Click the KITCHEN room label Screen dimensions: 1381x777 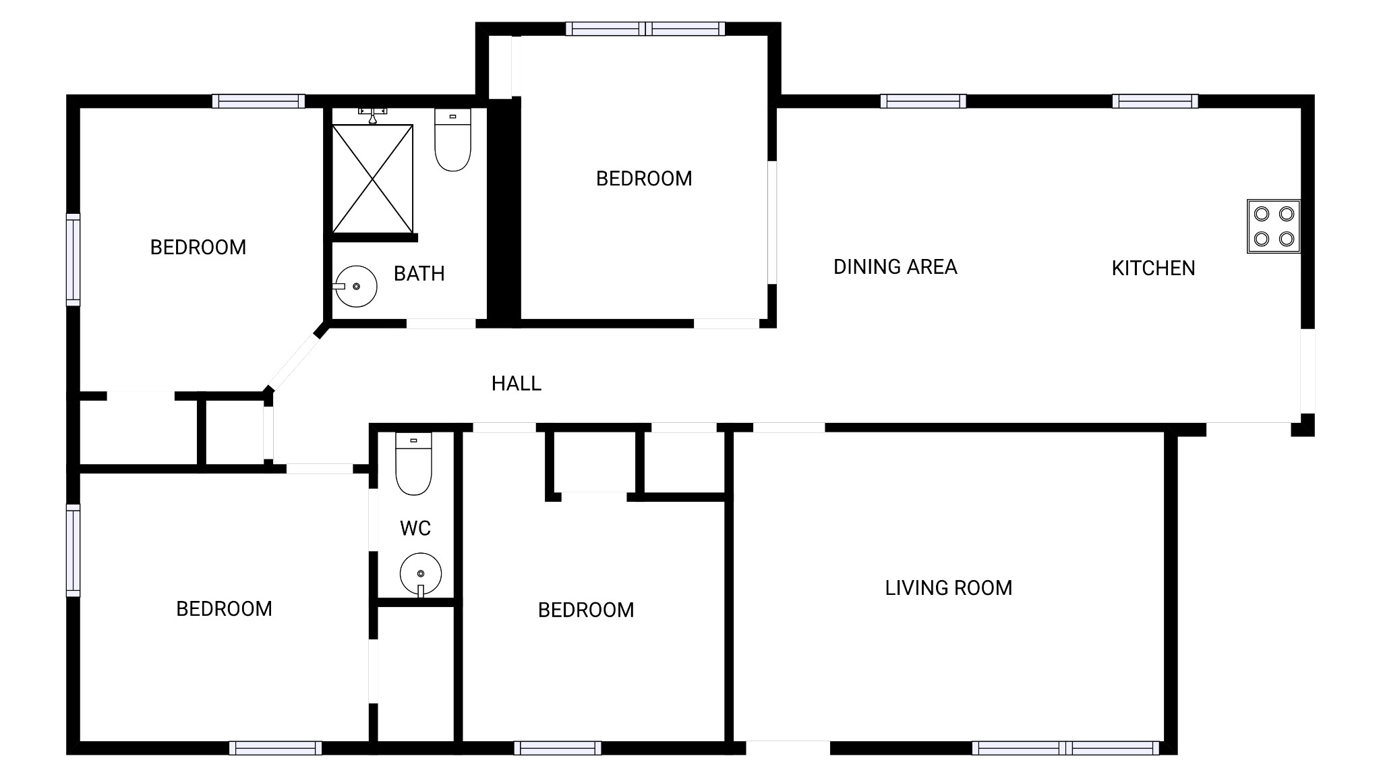click(x=1153, y=268)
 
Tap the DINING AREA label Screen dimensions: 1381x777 click(x=895, y=267)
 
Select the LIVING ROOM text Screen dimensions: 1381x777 click(x=948, y=588)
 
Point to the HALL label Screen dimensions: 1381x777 click(x=516, y=384)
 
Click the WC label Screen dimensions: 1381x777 click(x=415, y=528)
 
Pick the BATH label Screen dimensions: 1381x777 click(x=419, y=274)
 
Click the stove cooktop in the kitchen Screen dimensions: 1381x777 click(x=1273, y=226)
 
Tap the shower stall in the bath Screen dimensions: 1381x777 click(x=372, y=179)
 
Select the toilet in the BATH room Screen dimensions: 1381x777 click(x=452, y=140)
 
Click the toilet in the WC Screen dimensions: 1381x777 click(x=413, y=464)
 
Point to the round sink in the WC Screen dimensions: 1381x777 click(x=421, y=575)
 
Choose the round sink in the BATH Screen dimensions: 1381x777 click(x=355, y=287)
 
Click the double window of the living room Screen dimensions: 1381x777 click(x=1065, y=748)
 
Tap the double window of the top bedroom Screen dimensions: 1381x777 click(x=645, y=29)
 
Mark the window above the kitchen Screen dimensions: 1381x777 click(x=1155, y=101)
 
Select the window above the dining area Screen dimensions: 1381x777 click(x=923, y=101)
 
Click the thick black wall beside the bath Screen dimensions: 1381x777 click(x=504, y=212)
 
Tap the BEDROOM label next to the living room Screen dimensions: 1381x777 click(x=585, y=610)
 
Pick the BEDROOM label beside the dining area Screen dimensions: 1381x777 click(x=644, y=179)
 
